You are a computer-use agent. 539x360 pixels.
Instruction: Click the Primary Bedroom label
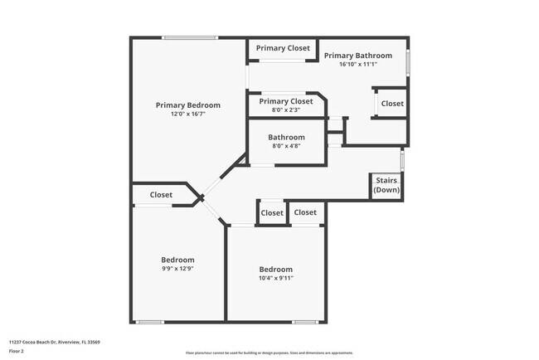point(188,105)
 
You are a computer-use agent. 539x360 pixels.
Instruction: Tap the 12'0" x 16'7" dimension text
point(188,114)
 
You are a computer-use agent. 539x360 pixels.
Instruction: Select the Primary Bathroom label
point(357,56)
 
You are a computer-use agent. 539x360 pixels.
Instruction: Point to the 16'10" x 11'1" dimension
point(357,64)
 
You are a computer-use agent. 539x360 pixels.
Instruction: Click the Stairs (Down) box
point(386,185)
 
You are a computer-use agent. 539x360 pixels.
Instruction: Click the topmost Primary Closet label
point(283,48)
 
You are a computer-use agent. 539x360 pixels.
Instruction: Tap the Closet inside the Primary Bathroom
point(392,104)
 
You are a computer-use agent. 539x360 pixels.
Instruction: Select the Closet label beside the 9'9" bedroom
point(161,195)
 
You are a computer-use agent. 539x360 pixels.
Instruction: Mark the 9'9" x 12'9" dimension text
point(177,268)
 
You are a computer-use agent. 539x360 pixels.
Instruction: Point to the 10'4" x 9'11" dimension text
point(275,278)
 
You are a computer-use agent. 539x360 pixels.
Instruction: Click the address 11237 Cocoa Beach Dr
point(53,341)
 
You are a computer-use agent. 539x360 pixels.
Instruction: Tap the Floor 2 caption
point(17,351)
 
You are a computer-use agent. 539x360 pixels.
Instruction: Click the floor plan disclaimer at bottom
point(269,353)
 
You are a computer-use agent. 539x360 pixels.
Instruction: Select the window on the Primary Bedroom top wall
point(190,37)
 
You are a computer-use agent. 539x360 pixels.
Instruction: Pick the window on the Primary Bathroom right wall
point(407,65)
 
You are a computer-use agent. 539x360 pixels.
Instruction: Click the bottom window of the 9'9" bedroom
point(150,322)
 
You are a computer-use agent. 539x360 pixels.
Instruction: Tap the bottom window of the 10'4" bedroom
point(305,322)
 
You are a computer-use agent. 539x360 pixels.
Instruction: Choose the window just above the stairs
point(402,158)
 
